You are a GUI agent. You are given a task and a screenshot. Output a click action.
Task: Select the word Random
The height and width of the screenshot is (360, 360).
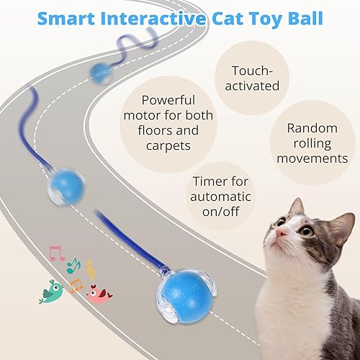pos(312,127)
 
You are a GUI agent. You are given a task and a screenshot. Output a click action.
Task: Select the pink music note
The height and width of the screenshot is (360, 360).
pos(55,253)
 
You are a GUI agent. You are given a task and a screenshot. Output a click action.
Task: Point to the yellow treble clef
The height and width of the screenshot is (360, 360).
pos(90,269)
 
